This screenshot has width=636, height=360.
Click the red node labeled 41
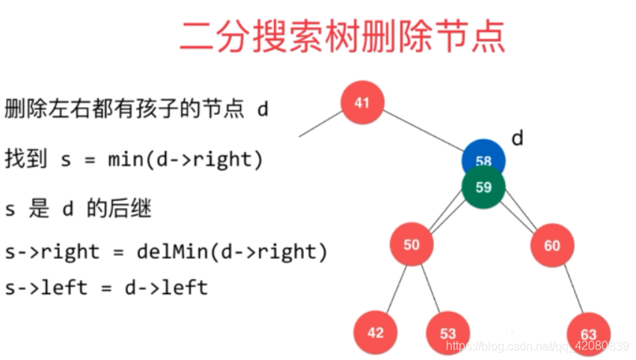click(362, 103)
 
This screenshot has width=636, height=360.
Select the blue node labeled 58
click(483, 155)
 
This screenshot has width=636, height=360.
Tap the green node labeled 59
click(483, 186)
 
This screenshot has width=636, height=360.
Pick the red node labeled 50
click(412, 245)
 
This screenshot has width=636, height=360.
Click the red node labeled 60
click(552, 245)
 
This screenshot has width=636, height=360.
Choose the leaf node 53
click(447, 333)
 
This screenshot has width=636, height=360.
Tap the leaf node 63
click(589, 334)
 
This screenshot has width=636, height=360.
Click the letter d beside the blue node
click(517, 138)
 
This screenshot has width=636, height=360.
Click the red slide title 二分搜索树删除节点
click(342, 36)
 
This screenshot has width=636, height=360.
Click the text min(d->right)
click(185, 159)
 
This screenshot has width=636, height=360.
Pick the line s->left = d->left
click(106, 287)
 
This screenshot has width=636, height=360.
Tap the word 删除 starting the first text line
click(23, 110)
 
